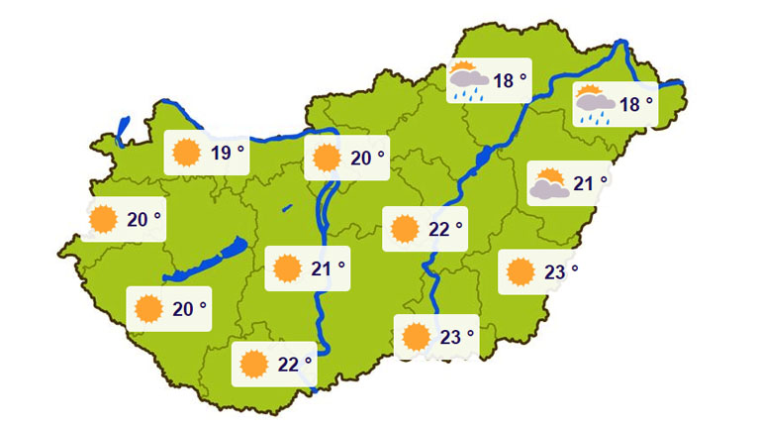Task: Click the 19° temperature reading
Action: coord(222,153)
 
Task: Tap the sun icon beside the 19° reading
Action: coord(184,153)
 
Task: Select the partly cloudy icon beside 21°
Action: coord(549,183)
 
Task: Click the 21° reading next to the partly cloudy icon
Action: coord(588,183)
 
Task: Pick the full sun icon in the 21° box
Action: coord(287,268)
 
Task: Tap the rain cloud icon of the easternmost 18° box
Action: coord(595,103)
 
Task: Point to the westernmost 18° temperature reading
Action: coord(508,80)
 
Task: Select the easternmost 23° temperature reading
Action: coord(559,270)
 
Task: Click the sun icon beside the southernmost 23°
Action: coord(417,337)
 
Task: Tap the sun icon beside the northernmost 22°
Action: coord(404,229)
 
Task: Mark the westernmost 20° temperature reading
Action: coord(139,219)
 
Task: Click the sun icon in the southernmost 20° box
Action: coord(149,309)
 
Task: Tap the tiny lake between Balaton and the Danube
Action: coord(287,208)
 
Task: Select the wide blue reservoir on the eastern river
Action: coord(484,157)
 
